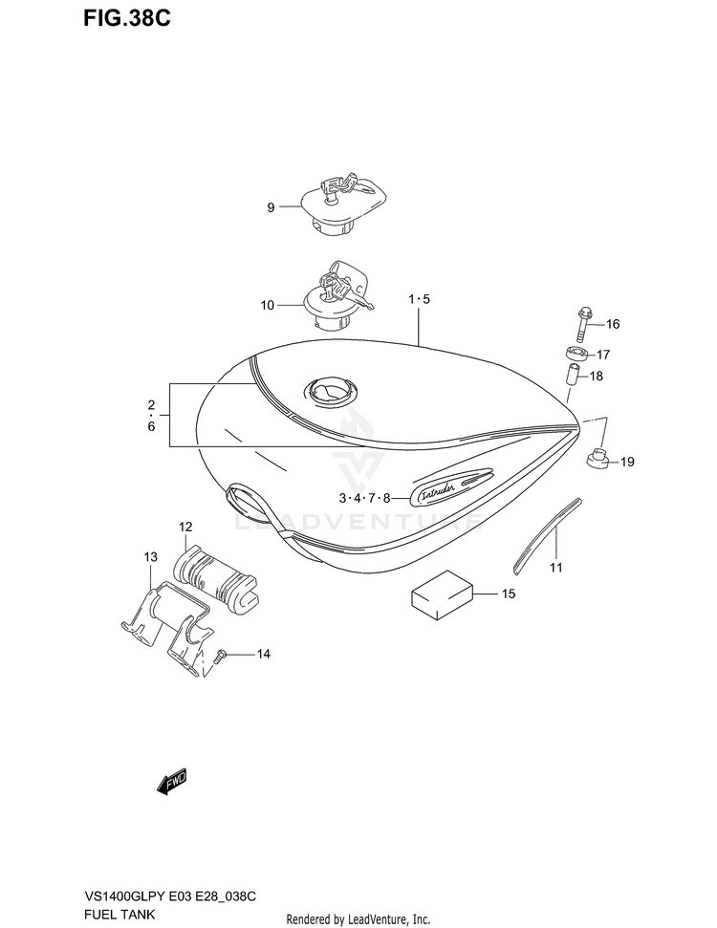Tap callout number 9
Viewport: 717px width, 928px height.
pyautogui.click(x=271, y=206)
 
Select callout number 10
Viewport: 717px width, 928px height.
pyautogui.click(x=267, y=305)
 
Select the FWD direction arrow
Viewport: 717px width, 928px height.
pyautogui.click(x=172, y=783)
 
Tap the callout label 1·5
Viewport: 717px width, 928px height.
pyautogui.click(x=420, y=299)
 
